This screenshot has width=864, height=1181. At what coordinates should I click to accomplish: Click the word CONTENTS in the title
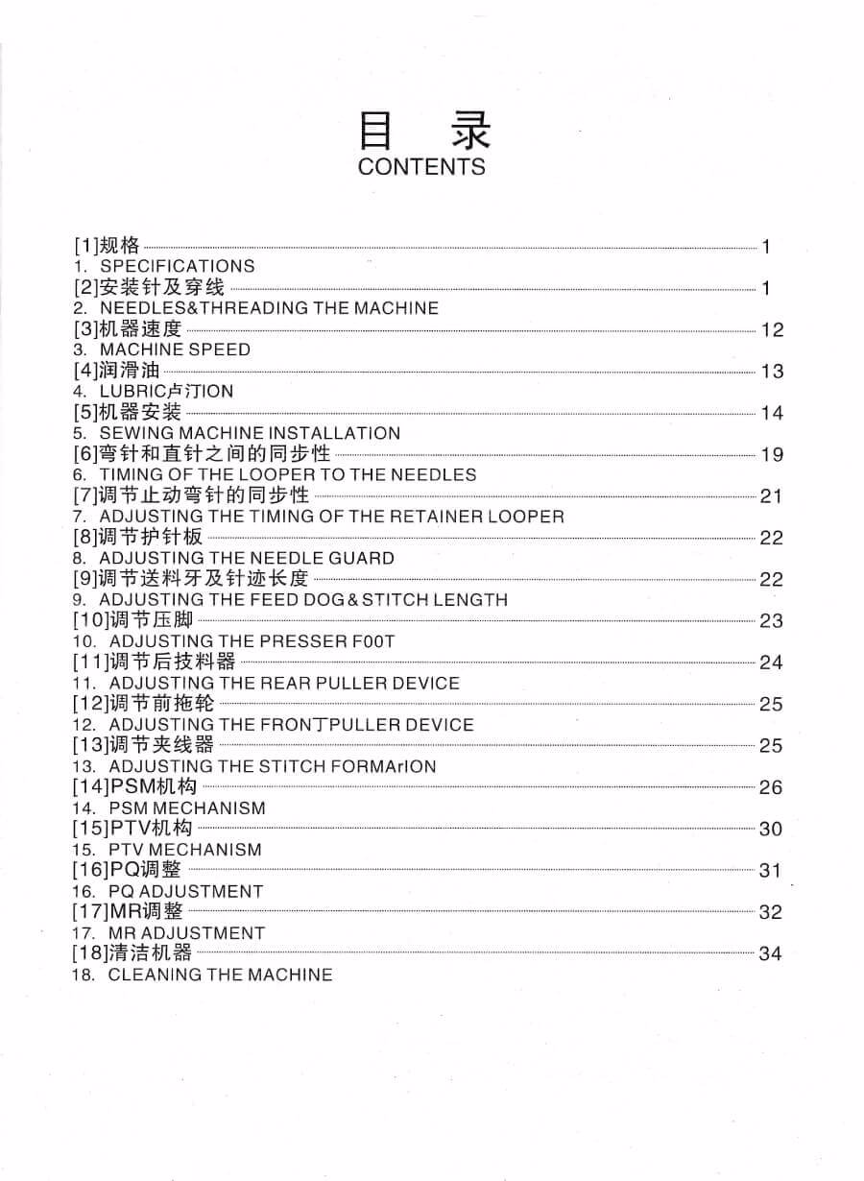(x=421, y=166)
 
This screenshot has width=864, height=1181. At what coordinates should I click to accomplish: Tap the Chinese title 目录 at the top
(x=423, y=130)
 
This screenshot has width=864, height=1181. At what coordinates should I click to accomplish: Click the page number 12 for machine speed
(x=772, y=330)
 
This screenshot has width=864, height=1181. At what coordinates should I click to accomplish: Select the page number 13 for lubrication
(x=772, y=372)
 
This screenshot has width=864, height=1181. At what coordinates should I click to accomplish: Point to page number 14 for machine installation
(x=772, y=413)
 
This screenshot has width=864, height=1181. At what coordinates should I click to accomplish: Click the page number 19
(x=772, y=455)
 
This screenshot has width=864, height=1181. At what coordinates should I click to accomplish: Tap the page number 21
(x=772, y=496)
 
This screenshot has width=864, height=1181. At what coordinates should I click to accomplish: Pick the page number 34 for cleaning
(x=770, y=954)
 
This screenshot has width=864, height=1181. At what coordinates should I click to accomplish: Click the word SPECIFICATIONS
(x=178, y=266)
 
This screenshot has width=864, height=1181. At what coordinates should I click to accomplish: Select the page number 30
(x=771, y=830)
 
